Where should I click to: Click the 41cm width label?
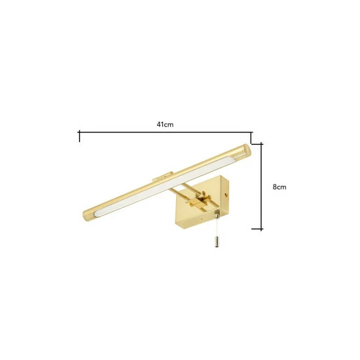click(x=164, y=124)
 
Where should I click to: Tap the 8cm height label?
click(x=279, y=186)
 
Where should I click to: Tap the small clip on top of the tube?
click(x=162, y=178)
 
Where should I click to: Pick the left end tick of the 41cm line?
click(x=79, y=136)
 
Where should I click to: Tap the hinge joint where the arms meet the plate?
click(x=205, y=196)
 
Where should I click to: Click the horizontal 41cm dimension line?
click(x=164, y=133)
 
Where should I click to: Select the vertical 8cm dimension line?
click(x=262, y=187)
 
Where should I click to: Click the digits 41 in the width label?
click(x=160, y=124)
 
